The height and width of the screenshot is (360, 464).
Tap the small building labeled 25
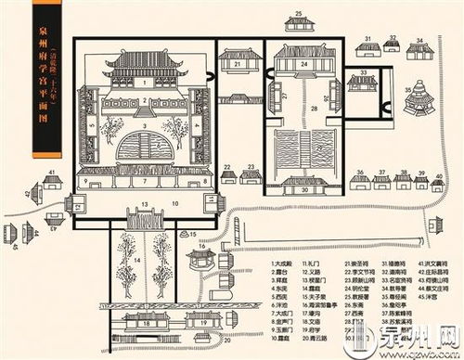coord(300,24)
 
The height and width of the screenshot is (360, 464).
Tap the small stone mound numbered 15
coord(187,233)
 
